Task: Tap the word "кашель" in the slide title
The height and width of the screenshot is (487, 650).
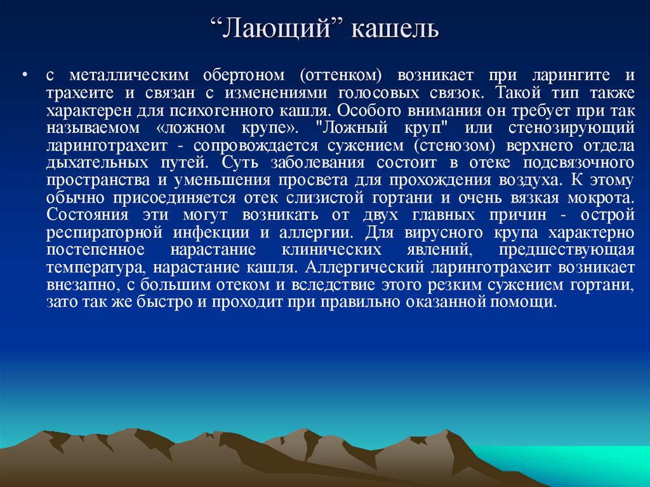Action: coord(395,29)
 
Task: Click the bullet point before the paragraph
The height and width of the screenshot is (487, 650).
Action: coord(25,76)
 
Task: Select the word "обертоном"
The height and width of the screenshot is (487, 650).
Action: coord(244,75)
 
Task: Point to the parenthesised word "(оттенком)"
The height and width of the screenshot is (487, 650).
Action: coord(340,75)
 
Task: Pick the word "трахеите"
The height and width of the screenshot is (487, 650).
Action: coord(79,93)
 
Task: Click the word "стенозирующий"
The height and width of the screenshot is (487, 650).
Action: coord(571,128)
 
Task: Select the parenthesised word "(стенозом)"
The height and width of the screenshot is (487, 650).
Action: coord(454,145)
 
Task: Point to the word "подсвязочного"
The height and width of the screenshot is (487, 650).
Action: coord(579,163)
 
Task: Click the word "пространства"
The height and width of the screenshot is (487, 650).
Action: coord(98,181)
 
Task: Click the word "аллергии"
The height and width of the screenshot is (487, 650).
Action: coord(315,233)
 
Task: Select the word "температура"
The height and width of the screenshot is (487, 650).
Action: coord(95,268)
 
